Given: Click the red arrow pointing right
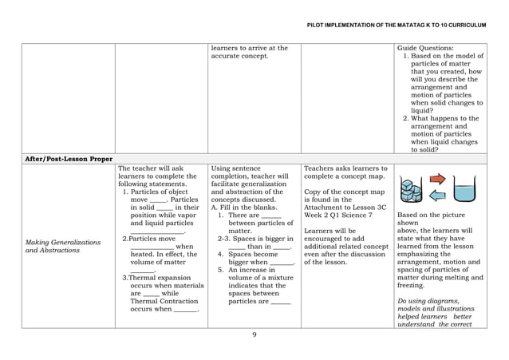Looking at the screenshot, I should click(x=440, y=178).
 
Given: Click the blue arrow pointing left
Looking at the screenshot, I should click(x=440, y=194).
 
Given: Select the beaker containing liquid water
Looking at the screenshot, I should click(x=465, y=191).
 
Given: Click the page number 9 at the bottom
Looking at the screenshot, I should click(x=254, y=334).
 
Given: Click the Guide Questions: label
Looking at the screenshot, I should click(x=426, y=48).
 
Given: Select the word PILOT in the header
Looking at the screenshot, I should click(x=317, y=26).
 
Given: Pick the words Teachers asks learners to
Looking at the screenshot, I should click(x=345, y=168).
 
